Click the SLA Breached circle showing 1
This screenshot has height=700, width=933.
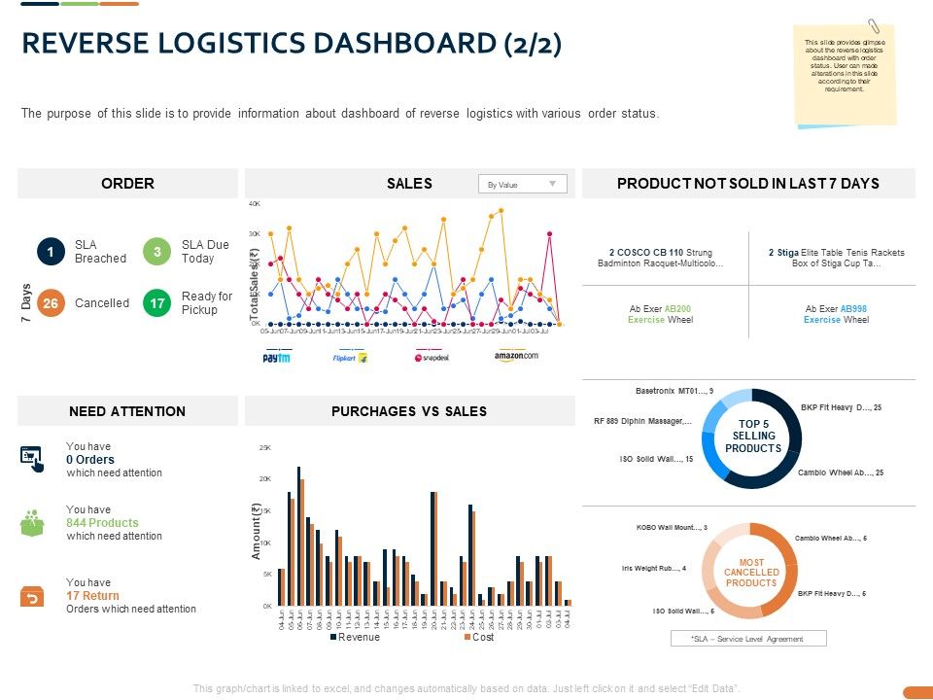(x=51, y=252)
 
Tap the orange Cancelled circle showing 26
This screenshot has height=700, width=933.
(x=51, y=303)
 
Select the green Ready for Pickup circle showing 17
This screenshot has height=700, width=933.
(x=156, y=303)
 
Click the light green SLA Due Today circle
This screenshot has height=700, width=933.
(x=156, y=252)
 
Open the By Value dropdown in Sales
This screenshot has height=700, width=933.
(x=522, y=184)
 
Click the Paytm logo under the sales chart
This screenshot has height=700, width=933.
(x=277, y=358)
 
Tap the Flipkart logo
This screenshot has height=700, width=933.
(x=349, y=358)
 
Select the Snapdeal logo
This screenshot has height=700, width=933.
(x=432, y=358)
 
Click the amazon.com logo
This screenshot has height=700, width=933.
(x=515, y=356)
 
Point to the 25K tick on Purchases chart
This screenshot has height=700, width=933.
(x=264, y=447)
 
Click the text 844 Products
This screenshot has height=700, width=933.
(x=102, y=523)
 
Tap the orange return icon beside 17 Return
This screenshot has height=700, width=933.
(x=32, y=596)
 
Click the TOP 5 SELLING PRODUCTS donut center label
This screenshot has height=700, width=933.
(x=752, y=437)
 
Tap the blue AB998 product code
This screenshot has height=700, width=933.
(x=853, y=308)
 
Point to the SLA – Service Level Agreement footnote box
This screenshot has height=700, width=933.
(x=747, y=638)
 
